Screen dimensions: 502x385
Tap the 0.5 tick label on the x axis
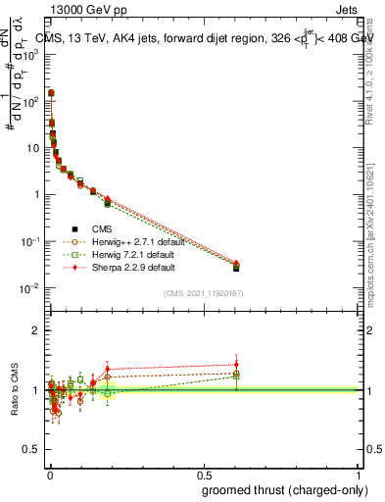click(204, 474)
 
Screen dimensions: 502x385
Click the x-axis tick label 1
click(359, 474)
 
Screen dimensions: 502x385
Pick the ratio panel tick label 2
click(37, 330)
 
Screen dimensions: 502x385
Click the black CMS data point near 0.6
click(236, 268)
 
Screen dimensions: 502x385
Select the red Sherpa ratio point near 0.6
click(236, 365)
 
